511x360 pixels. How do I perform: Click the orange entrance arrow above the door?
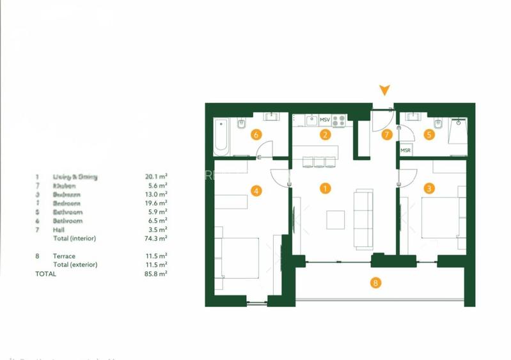coord(384,91)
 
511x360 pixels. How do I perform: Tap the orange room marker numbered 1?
coord(326,189)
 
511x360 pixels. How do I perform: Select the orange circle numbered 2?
coord(325,135)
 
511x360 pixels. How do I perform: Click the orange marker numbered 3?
coord(429,189)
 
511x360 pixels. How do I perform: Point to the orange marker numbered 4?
coord(256,190)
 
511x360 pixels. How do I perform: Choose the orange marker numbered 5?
coord(429,135)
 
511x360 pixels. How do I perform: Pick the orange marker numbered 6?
coord(256,135)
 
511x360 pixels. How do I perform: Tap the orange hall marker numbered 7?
coord(386,135)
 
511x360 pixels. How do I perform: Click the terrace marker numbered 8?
coord(375,282)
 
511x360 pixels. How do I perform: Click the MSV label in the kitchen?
coord(325,120)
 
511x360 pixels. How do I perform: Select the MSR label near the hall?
coord(405,150)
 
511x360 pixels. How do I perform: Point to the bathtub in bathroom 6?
coord(221,136)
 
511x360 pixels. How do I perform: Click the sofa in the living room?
coord(363,219)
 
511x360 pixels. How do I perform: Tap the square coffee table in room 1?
coord(336,219)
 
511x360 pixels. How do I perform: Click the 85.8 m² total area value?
coord(156,274)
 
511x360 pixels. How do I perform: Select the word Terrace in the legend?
coord(65,256)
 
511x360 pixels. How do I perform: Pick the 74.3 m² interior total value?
coord(156,239)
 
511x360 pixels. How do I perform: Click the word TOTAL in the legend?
coord(45,274)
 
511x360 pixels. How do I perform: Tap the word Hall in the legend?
coord(59,230)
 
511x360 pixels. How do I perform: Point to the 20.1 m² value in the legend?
coord(156,176)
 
